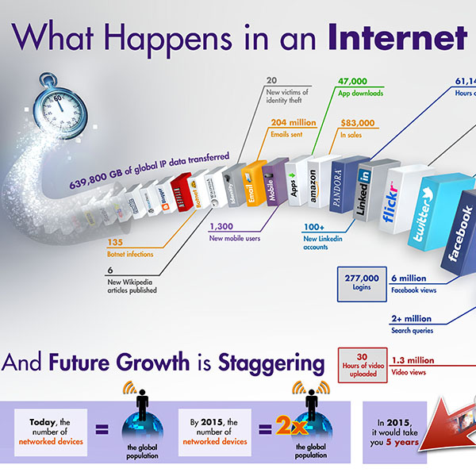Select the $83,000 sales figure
tap(357, 123)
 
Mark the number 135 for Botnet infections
tap(115, 243)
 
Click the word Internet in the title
tap(400, 37)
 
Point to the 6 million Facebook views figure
tap(409, 278)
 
